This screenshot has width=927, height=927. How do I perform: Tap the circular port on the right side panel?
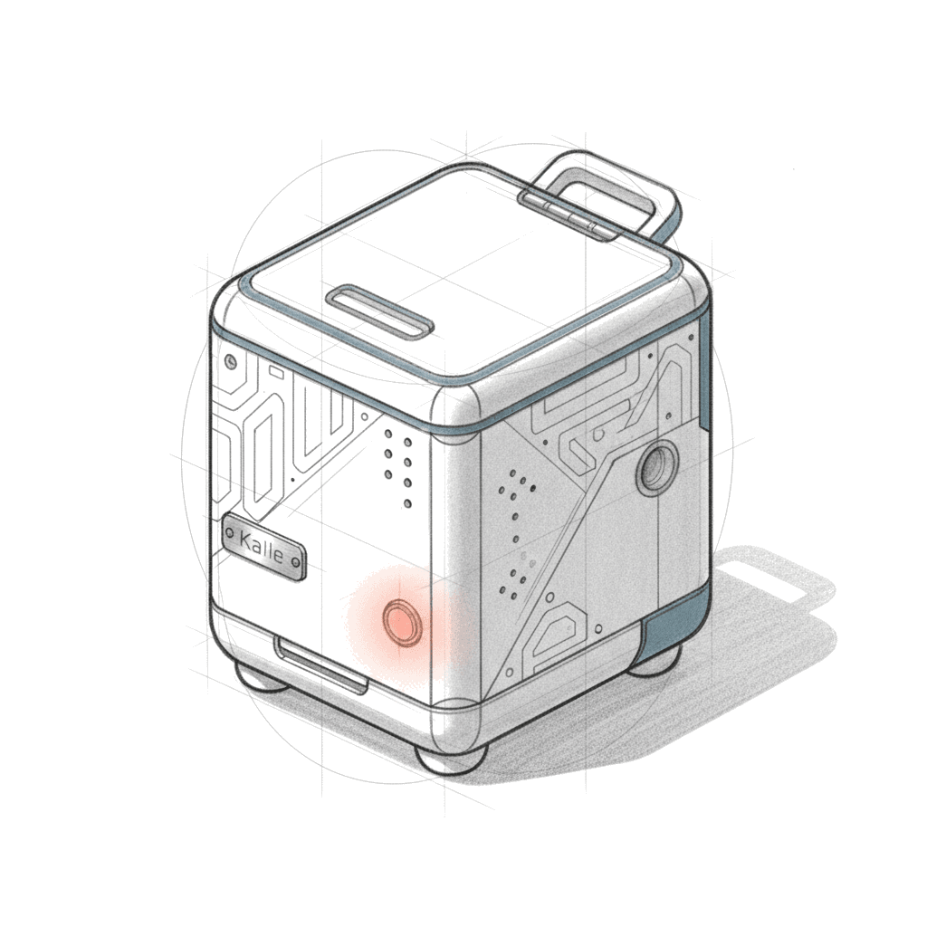[x=657, y=466]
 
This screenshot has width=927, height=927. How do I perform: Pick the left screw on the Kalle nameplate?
[x=229, y=531]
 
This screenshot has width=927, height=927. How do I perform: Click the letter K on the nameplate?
[x=244, y=539]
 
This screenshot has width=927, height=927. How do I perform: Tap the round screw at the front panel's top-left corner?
[x=231, y=359]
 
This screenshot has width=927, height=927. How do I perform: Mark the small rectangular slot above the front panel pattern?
[x=275, y=372]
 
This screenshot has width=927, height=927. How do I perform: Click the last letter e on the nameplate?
[x=288, y=557]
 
